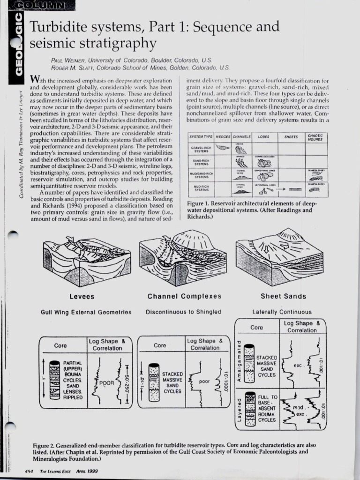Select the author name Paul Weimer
[65, 60]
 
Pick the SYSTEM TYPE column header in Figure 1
[202, 137]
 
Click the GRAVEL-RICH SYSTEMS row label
[202, 149]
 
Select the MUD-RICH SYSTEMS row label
[202, 189]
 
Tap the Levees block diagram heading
[82, 297]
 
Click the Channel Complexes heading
[184, 297]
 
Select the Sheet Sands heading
[283, 297]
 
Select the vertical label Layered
[239, 409]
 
